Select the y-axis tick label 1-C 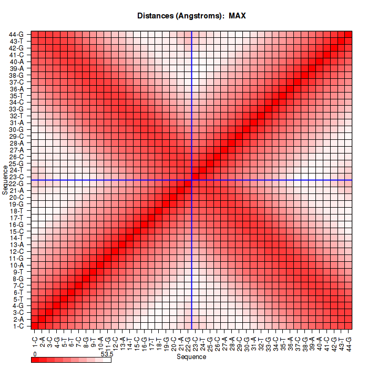coord(17,326)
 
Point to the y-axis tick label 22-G coord(17,183)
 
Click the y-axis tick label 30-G coord(17,129)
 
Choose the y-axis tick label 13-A coord(17,244)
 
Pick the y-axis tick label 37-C coord(17,81)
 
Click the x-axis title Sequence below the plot coord(191,357)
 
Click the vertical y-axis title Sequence coord(5,179)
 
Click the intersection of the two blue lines coord(192,180)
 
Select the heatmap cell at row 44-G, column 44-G coord(348,35)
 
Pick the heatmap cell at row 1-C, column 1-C coord(35,326)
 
